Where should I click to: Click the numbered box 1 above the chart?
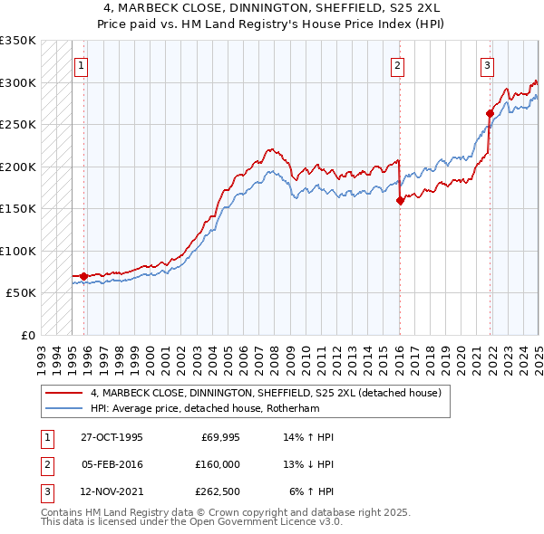82,64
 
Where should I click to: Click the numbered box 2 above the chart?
398,64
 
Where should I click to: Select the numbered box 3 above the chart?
487,64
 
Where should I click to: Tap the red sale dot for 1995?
83,276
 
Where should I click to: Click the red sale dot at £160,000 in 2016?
400,201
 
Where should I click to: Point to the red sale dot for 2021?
490,114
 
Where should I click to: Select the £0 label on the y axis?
27,335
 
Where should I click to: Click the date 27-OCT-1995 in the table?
111,436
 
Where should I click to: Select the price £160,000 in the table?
216,464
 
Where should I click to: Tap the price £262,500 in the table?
216,492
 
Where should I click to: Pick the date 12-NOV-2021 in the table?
111,492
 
